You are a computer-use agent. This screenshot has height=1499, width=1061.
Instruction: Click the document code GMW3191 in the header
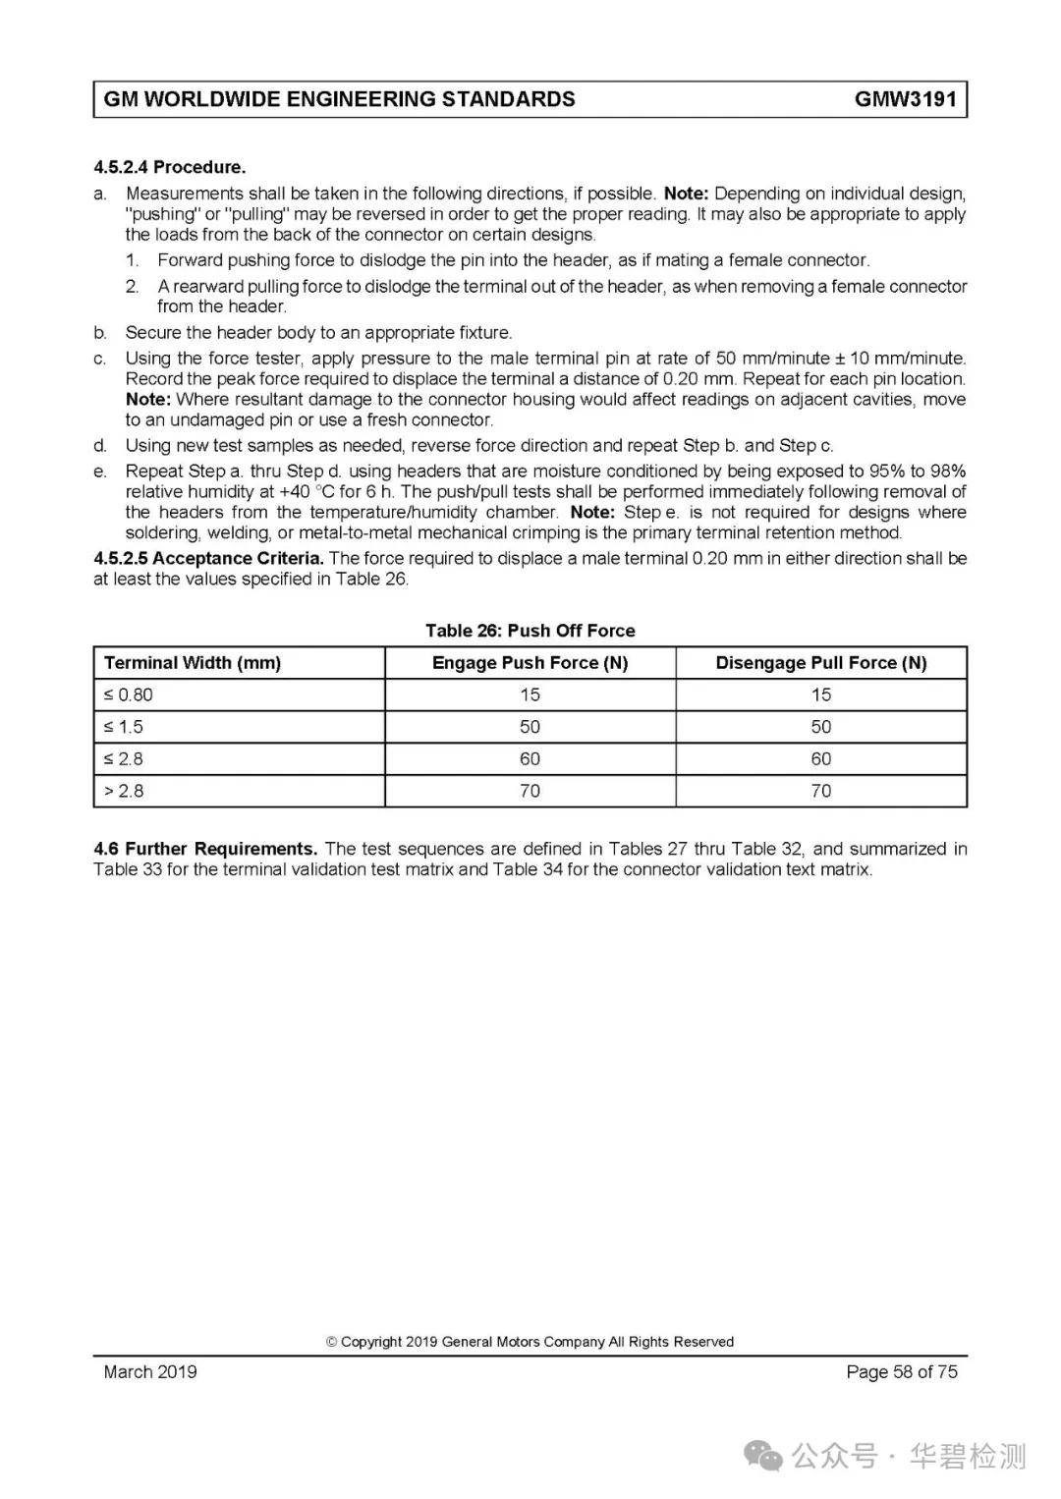pos(905,99)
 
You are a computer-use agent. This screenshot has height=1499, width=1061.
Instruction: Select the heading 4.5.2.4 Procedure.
pos(169,167)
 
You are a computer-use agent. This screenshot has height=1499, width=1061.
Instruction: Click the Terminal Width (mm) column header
pos(193,663)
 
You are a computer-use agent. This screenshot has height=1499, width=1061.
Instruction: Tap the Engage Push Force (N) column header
pos(530,663)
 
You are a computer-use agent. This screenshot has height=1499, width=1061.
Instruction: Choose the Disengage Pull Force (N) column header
pos(820,663)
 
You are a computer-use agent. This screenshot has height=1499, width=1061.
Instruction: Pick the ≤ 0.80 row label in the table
pos(129,695)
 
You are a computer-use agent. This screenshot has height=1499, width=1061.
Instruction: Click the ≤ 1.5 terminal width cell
pos(124,727)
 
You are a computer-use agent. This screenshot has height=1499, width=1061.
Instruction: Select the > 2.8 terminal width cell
pos(124,791)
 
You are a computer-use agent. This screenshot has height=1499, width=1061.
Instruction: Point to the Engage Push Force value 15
pos(530,695)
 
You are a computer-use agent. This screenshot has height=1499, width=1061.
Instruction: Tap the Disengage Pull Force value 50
pos(820,727)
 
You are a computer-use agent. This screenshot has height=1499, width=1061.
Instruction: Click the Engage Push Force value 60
pos(530,759)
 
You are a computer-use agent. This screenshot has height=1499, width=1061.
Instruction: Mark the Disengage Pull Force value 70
pos(820,791)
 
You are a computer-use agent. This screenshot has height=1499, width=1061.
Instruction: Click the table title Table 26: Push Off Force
pos(530,631)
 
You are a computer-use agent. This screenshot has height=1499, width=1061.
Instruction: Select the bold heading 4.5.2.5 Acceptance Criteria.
pos(208,559)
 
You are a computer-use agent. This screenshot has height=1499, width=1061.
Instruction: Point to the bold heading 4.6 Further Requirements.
pos(205,849)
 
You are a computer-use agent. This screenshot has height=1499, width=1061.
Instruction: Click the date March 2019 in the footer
pos(150,1372)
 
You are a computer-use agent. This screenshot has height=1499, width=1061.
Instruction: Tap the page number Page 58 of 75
pos(901,1372)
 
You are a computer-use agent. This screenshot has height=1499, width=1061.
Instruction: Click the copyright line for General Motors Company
pos(530,1342)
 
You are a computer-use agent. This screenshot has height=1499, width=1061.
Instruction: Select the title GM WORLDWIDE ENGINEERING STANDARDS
pos(339,99)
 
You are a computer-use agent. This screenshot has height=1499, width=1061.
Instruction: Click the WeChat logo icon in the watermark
pos(763,1456)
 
